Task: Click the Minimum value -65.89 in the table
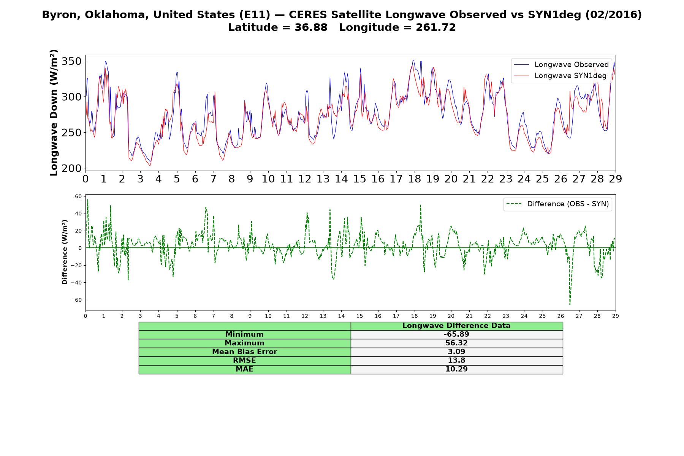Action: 456,334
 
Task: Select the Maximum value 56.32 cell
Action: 456,343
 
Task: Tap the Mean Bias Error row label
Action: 244,352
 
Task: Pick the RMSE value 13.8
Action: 456,361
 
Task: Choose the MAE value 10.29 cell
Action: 456,369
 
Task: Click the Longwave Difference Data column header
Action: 456,326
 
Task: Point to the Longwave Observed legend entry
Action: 561,65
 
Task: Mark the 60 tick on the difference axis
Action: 78,196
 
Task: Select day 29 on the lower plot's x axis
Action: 616,316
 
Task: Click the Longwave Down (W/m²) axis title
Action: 54,112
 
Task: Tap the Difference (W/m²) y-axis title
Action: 65,252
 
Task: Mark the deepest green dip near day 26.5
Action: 570,304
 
